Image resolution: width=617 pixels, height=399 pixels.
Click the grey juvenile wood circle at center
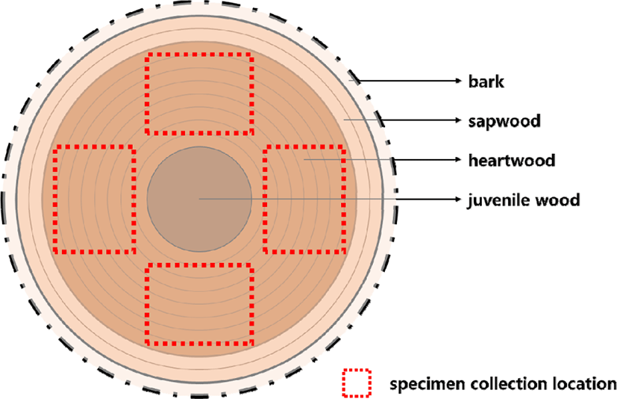tap(198, 197)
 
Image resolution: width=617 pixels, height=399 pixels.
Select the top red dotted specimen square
tap(199, 94)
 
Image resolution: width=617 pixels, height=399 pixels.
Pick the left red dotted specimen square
tap(95, 199)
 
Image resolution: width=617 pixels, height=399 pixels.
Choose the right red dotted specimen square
tap(304, 199)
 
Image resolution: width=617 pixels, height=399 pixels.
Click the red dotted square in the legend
tap(357, 383)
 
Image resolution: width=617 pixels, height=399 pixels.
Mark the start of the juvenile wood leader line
tap(199, 199)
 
